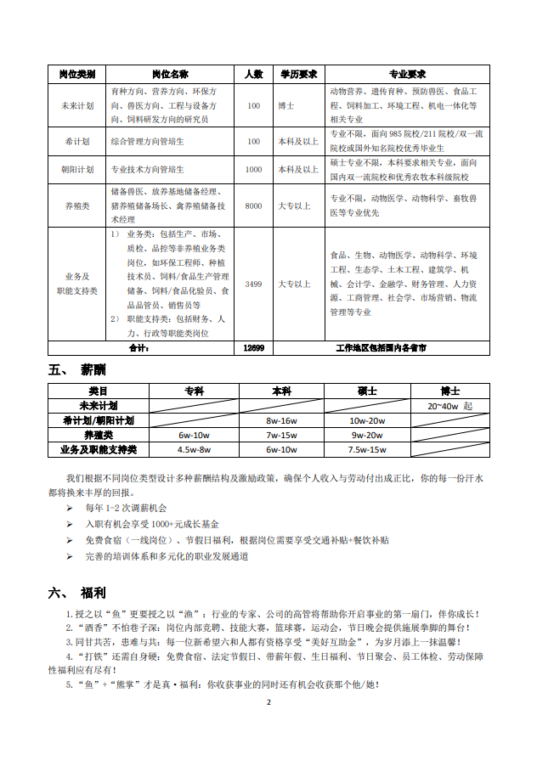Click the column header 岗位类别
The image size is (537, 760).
pos(77,74)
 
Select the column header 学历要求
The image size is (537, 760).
pos(299,74)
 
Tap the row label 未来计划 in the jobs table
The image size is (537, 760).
pos(77,106)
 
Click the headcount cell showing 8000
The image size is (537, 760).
pos(253,205)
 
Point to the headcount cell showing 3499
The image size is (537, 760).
pos(253,284)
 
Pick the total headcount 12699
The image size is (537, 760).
pos(253,348)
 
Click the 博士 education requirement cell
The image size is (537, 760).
pos(286,106)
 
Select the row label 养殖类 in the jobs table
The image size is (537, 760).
pos(77,205)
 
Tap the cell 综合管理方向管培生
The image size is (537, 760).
pos(148,141)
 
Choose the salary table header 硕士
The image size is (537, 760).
pos(367,391)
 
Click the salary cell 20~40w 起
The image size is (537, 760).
pos(455,406)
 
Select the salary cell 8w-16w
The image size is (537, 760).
pos(280,420)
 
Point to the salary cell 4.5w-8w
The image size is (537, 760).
pos(194,449)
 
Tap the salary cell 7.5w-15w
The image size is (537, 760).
pos(367,449)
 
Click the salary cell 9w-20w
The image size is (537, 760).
pos(367,435)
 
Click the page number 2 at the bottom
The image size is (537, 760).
pos(268,702)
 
